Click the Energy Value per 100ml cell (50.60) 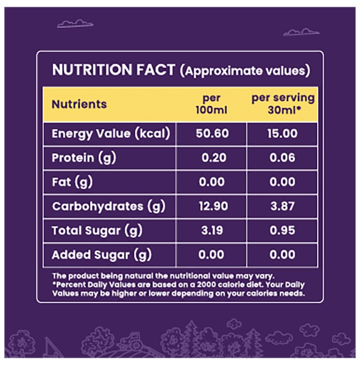tap(212, 133)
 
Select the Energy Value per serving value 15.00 tap(282, 133)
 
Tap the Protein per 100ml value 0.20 tap(214, 157)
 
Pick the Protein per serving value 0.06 tap(282, 157)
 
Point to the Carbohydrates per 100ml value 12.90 tap(213, 206)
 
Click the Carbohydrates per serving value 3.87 tap(282, 206)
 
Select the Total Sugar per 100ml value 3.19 tap(212, 230)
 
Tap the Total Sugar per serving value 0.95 tap(282, 230)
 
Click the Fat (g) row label tap(72, 182)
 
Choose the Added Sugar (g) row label tap(102, 255)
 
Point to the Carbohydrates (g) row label tap(109, 206)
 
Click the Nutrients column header tap(79, 104)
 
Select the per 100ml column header tap(211, 104)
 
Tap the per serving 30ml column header tap(283, 104)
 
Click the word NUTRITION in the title tap(92, 69)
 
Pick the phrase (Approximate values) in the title tap(245, 70)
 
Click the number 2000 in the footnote tap(206, 285)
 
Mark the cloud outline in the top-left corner tap(75, 24)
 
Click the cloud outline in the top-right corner tap(302, 32)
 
